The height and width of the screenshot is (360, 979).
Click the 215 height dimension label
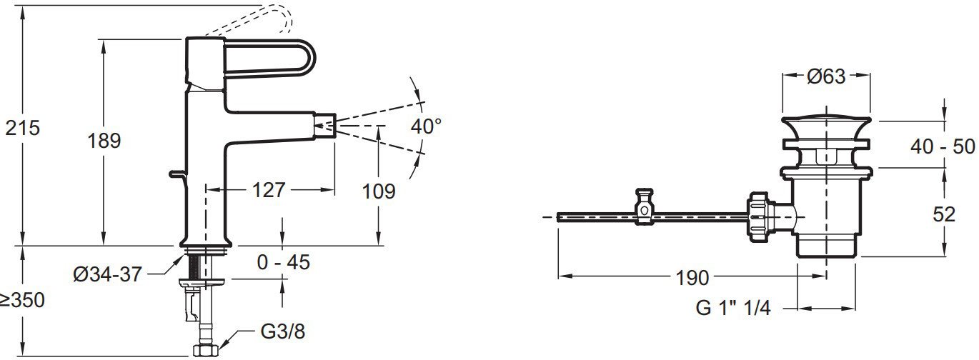(x=22, y=128)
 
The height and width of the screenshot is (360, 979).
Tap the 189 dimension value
(x=104, y=141)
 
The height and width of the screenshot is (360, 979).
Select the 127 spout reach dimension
(x=269, y=190)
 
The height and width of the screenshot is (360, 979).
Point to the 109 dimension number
(x=379, y=191)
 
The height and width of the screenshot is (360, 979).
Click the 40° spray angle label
(x=426, y=126)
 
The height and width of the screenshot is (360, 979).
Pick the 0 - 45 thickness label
(x=284, y=262)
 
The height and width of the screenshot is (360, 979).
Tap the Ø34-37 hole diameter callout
(x=107, y=274)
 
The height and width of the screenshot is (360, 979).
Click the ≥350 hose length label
(x=22, y=300)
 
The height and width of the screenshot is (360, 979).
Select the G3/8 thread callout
(x=283, y=331)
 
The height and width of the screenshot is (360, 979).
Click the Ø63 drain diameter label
(x=827, y=76)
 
